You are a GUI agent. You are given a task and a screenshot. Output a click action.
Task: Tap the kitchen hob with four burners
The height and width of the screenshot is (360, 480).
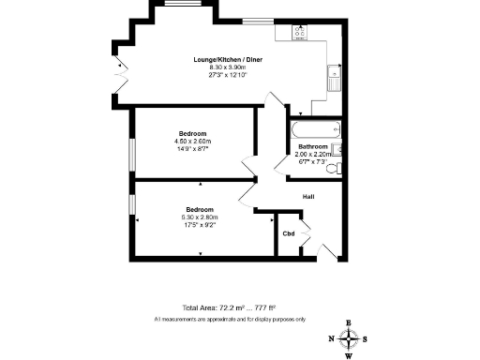(301, 31)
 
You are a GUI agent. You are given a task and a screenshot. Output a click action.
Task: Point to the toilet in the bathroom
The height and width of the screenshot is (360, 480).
(338, 167)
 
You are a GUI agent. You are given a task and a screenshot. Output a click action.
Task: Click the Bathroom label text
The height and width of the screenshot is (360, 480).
(312, 147)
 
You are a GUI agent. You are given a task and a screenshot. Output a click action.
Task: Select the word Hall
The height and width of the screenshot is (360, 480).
(307, 197)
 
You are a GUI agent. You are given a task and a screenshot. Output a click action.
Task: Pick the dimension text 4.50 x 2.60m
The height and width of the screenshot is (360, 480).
(192, 141)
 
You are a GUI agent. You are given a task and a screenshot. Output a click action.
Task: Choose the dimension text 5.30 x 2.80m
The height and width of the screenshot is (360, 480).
(199, 217)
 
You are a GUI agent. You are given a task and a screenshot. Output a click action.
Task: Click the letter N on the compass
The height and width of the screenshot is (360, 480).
(331, 339)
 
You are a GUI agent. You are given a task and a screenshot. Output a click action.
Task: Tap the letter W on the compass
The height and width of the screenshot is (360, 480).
(349, 355)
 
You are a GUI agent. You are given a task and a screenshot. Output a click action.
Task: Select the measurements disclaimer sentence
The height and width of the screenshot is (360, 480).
(230, 320)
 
